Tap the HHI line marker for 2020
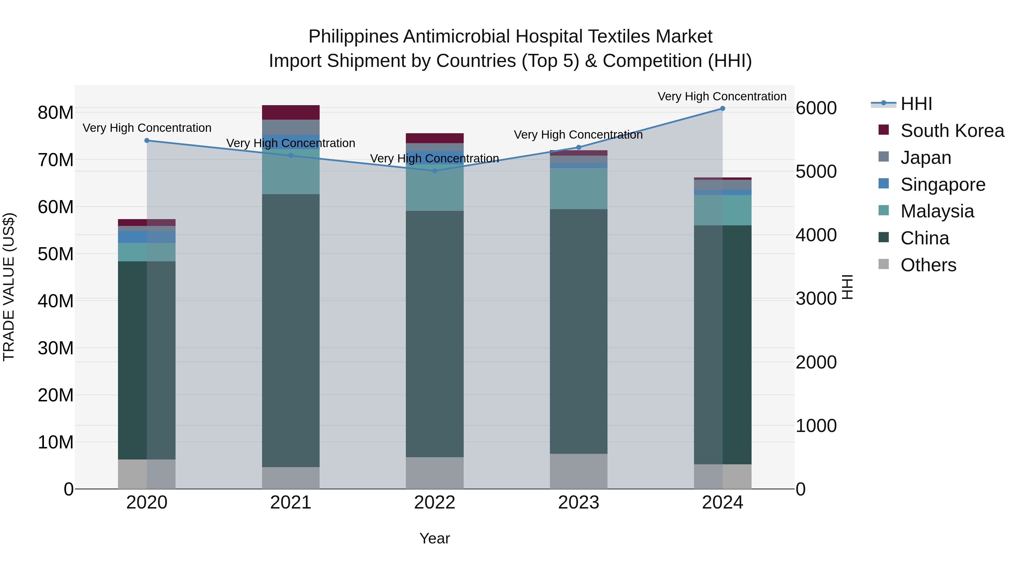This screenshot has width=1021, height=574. click(x=147, y=141)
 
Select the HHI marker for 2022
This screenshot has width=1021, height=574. click(x=434, y=171)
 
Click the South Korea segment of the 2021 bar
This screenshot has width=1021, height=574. click(x=290, y=113)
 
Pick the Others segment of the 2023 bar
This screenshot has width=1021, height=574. click(x=578, y=471)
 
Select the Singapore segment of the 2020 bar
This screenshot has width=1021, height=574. click(x=147, y=237)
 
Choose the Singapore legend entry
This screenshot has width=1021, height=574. click(x=942, y=185)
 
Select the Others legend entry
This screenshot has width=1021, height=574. click(x=928, y=265)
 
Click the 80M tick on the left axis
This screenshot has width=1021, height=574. click(x=56, y=113)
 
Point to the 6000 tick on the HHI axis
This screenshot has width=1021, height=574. click(x=816, y=108)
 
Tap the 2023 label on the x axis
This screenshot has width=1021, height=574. click(x=578, y=503)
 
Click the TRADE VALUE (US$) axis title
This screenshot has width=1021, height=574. click(x=9, y=287)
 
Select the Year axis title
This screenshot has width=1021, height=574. click(x=434, y=538)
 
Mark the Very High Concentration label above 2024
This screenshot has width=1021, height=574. click(x=722, y=96)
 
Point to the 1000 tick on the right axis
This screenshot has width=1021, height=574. click(x=816, y=426)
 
